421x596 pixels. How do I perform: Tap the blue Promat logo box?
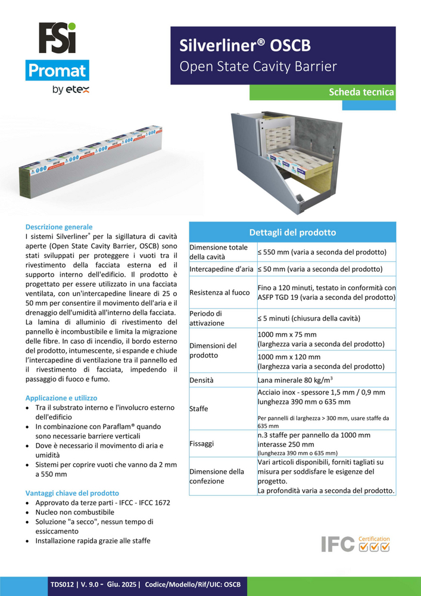57,72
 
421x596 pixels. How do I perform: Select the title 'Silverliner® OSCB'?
245,46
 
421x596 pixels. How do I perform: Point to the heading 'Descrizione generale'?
59,227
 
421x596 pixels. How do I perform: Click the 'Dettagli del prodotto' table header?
292,232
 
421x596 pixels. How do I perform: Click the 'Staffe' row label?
199,409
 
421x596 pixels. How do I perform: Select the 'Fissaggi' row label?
202,443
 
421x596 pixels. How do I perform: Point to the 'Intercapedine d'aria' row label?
222,269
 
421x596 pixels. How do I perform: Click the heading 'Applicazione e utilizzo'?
61,398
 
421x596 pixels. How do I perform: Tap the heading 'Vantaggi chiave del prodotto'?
72,493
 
